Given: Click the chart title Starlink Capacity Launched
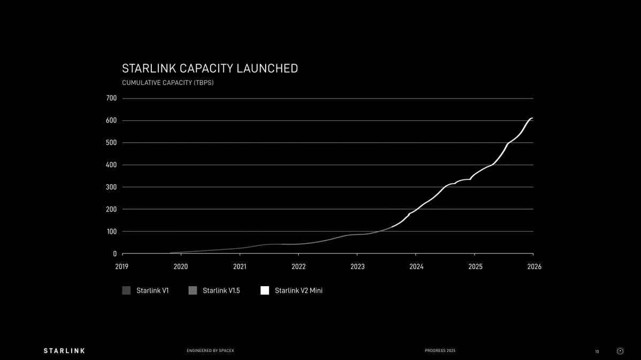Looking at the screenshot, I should tap(210, 68).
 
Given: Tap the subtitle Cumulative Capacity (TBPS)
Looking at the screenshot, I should tap(167, 83).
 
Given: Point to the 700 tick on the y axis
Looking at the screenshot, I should tap(111, 98).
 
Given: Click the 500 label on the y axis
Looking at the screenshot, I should tap(111, 143).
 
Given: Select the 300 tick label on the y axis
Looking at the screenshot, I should tap(111, 187).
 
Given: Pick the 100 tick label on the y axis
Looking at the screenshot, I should tap(111, 232).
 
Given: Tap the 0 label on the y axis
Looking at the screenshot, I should tap(114, 254).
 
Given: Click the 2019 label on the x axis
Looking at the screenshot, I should tap(122, 267).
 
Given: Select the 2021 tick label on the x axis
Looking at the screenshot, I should tap(240, 267).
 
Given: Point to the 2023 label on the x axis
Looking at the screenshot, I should tap(357, 267).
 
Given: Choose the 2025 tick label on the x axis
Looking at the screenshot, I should tap(475, 267).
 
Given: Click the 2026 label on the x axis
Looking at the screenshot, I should tap(534, 267).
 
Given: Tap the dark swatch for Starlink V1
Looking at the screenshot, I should tap(126, 290).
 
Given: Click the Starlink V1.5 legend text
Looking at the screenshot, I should tap(221, 290).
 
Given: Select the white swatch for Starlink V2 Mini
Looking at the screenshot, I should tap(265, 290).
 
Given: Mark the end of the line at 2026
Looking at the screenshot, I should tap(532, 118).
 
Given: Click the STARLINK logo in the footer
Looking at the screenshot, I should tap(64, 351).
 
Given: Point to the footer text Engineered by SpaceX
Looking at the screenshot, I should tap(210, 351).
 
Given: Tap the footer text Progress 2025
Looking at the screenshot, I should tap(440, 351).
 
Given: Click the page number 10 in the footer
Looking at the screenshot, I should tap(597, 351).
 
